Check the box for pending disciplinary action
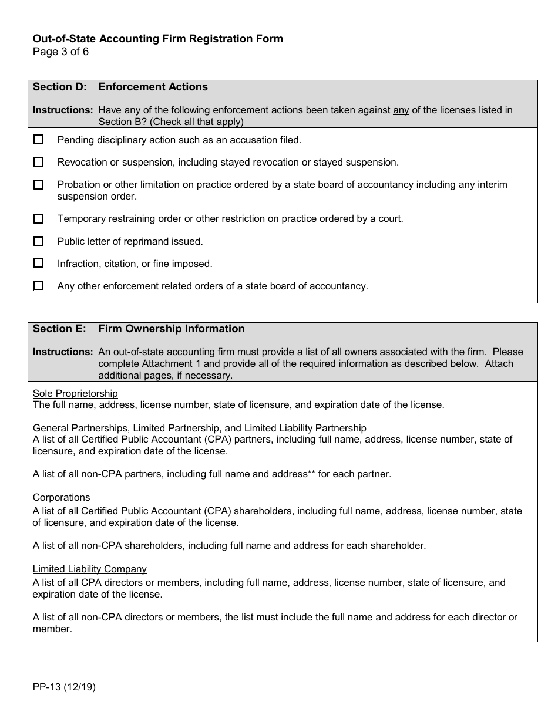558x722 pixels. pos(39,140)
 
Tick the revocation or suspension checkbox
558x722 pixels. pos(39,162)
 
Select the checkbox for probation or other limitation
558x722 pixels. pos(39,184)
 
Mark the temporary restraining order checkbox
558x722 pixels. pos(39,218)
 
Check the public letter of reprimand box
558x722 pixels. pos(39,241)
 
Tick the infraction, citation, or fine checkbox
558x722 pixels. pos(39,264)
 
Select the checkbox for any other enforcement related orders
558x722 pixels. pos(39,286)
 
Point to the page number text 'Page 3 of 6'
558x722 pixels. pos(60,51)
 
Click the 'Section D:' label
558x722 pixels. pos(60,87)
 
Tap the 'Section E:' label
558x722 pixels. pos(60,329)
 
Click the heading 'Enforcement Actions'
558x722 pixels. pos(153,87)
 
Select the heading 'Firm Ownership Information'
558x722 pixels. pos(172,329)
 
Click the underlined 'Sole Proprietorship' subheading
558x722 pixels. pos(75,393)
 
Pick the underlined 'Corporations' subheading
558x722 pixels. pos(61,498)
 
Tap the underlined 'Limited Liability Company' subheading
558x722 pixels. pos(89,569)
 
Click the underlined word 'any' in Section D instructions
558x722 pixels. pos(401,110)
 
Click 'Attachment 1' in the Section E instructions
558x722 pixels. pos(168,363)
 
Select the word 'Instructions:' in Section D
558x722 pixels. pos(63,110)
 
